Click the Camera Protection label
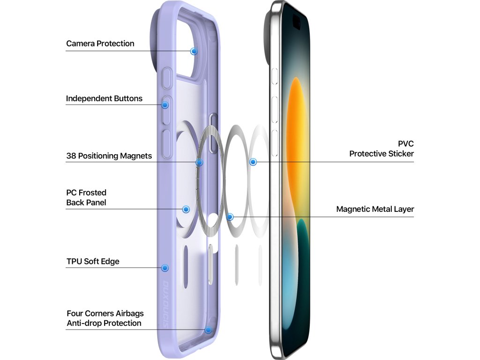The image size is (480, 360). tap(100, 44)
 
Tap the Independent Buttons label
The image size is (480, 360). tap(104, 98)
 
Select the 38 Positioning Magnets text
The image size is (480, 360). tap(109, 156)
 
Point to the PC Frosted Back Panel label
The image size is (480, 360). tap(86, 197)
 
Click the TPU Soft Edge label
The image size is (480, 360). tap(93, 261)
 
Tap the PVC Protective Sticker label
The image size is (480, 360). tap(382, 149)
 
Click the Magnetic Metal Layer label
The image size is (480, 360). tap(375, 209)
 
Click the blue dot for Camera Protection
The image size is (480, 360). tap(194, 51)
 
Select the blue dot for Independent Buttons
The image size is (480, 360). tap(165, 105)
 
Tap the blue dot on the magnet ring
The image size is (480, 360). tap(199, 162)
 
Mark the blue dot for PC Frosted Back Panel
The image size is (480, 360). tap(186, 209)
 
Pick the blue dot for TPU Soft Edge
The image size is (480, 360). tap(165, 268)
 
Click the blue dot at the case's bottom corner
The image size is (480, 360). tap(208, 330)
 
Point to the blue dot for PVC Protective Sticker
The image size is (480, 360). tap(253, 162)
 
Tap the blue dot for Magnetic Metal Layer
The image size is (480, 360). tap(230, 217)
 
